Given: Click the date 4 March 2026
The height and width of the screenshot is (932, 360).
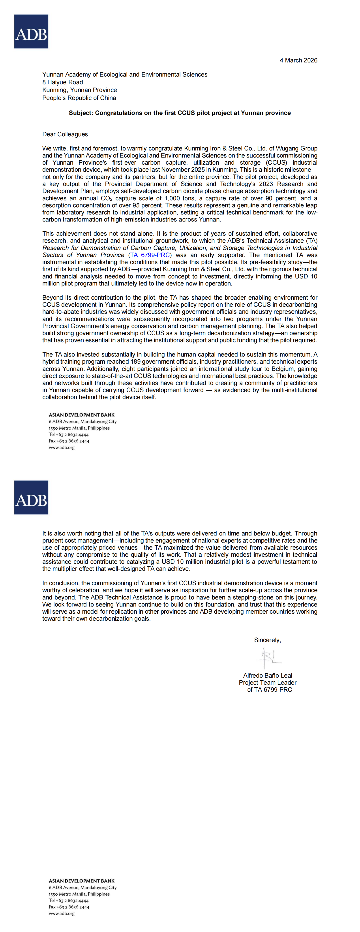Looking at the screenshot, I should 298,60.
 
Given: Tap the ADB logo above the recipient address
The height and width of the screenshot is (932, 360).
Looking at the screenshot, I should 31,32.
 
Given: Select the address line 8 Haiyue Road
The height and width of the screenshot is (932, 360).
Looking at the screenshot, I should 63,82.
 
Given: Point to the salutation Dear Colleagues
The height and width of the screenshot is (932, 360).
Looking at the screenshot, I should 66,134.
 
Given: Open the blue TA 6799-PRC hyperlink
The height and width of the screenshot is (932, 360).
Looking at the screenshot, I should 150,255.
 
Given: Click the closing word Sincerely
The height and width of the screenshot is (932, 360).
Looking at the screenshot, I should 267,640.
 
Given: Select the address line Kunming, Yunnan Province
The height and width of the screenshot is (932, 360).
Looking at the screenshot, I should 80,90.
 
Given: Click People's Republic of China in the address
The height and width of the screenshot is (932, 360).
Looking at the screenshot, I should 79,98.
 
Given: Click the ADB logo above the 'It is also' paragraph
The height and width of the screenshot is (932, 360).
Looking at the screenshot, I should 31,498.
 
